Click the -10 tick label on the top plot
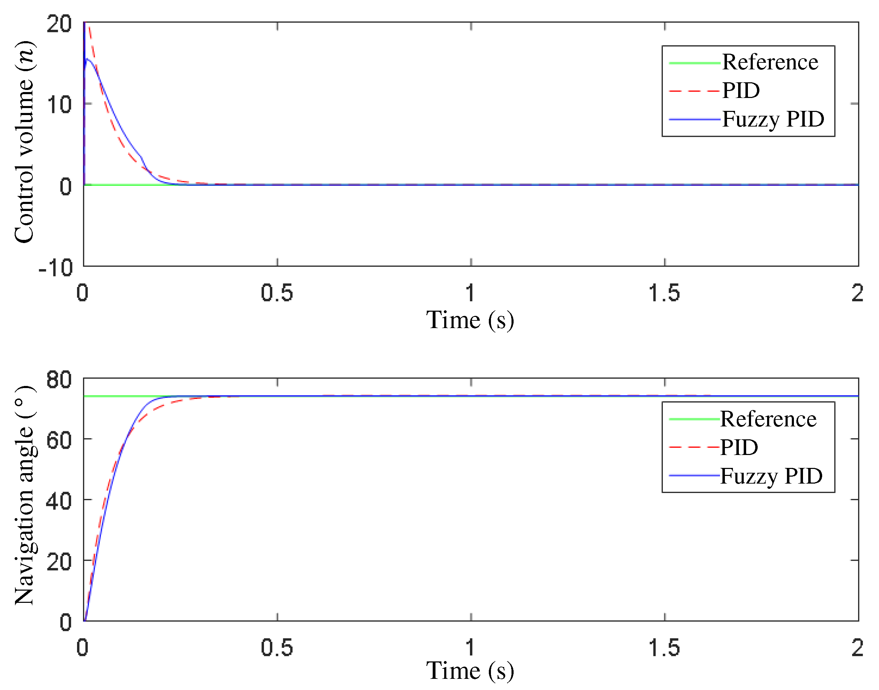coord(56,267)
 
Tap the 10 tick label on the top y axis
coord(59,105)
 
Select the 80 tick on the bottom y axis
coord(59,379)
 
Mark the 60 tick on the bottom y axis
coord(59,440)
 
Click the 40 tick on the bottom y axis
coord(59,501)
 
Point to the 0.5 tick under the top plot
coord(277,293)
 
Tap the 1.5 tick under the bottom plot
coord(664,647)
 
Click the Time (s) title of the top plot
coord(470,320)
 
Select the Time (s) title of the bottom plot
coord(470,671)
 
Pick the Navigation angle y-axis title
coord(24,496)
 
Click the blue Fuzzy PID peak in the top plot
coord(87,59)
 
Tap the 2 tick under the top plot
coord(857,293)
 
